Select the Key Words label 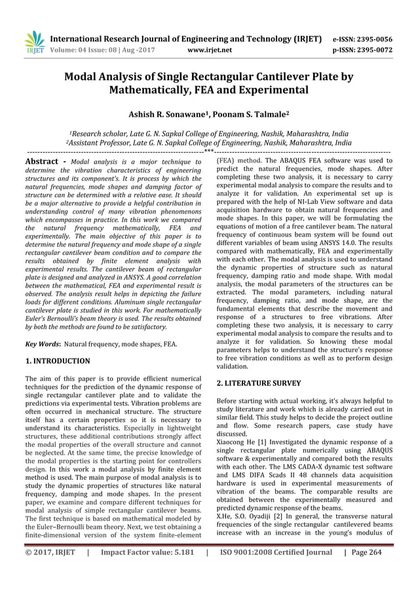tap(43, 343)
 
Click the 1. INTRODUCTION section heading tap(58, 360)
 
